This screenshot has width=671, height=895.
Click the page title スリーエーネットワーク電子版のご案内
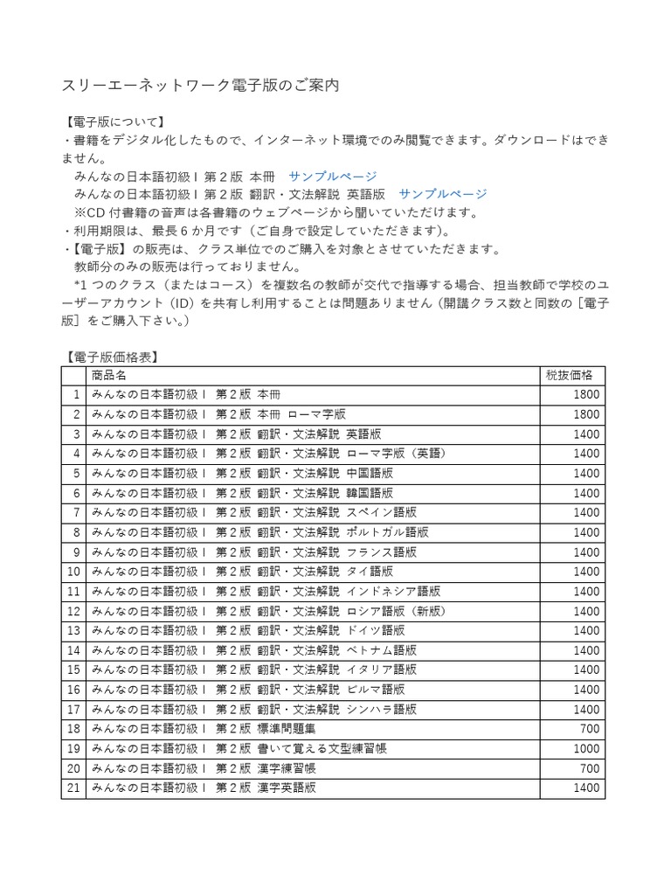click(200, 86)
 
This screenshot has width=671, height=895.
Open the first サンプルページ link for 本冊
click(333, 176)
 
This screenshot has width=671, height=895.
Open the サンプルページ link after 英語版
click(443, 194)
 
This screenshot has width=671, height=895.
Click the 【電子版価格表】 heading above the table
click(112, 357)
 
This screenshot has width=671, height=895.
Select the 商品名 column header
click(109, 375)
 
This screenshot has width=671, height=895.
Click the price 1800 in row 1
click(586, 394)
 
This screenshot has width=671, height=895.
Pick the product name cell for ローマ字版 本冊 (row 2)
click(218, 414)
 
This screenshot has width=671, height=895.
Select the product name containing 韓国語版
click(242, 493)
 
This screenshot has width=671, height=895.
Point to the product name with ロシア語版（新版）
click(266, 611)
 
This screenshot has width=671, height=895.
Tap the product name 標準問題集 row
click(200, 729)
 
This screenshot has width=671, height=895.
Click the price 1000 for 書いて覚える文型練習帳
click(586, 749)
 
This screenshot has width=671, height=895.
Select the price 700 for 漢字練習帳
click(590, 768)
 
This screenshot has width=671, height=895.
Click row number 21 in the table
click(73, 788)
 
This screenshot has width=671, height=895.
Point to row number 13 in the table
click(73, 631)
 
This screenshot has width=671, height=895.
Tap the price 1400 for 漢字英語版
click(586, 788)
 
